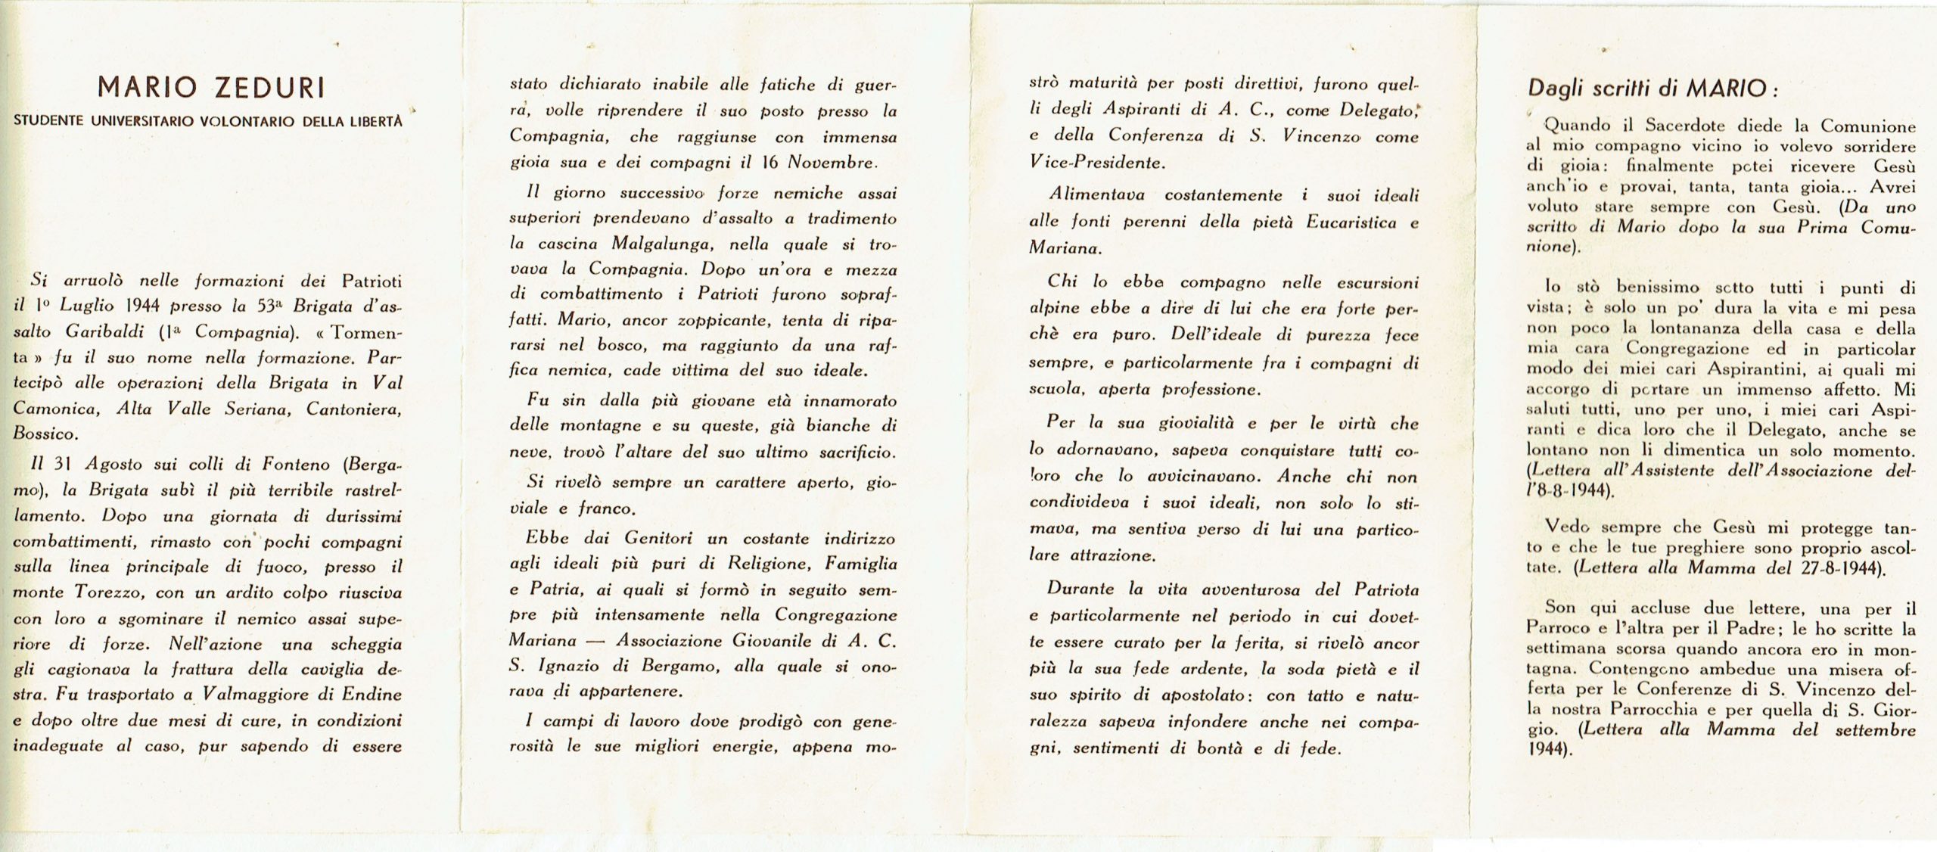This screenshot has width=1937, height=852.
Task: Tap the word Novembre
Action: (x=832, y=162)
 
